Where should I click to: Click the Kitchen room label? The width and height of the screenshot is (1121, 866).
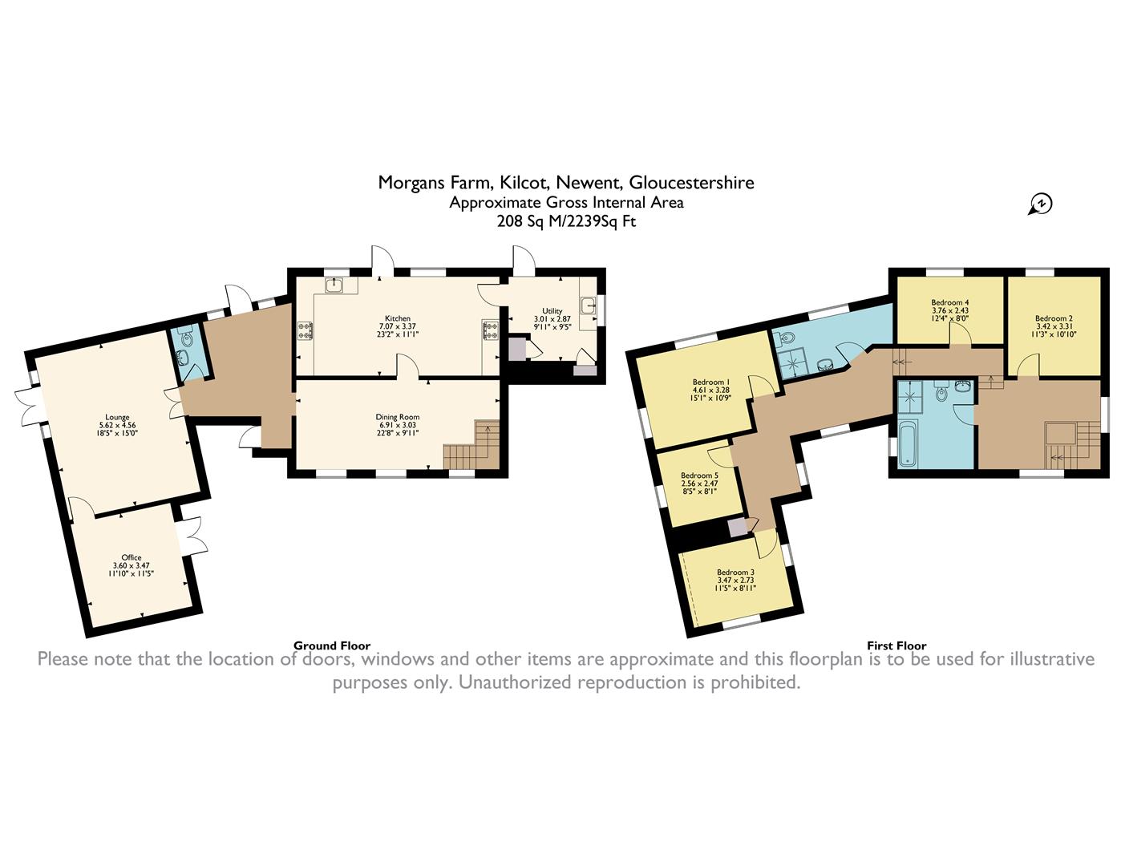coord(398,319)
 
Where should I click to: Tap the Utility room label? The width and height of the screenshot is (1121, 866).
coord(552,311)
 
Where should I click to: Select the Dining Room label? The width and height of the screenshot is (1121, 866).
coord(398,417)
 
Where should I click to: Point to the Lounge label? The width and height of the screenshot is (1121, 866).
coord(117,417)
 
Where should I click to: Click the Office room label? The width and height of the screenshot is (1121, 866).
coord(132,557)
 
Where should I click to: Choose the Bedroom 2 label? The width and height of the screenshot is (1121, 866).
coord(1054,318)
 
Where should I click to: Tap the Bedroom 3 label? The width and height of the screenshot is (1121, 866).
coord(735,572)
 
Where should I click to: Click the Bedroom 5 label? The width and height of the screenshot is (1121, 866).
coord(699,475)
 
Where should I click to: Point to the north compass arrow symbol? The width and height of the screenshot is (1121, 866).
coord(1039,204)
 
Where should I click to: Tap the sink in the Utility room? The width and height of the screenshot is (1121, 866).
coord(588,306)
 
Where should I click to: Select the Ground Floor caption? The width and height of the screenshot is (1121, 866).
coord(332,645)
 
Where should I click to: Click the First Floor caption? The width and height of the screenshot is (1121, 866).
coord(896,645)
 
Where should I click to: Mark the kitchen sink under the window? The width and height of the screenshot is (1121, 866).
coord(335,285)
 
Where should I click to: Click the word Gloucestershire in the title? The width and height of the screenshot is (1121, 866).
coord(692,183)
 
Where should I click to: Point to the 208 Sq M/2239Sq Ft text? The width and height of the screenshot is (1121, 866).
coord(566,222)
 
